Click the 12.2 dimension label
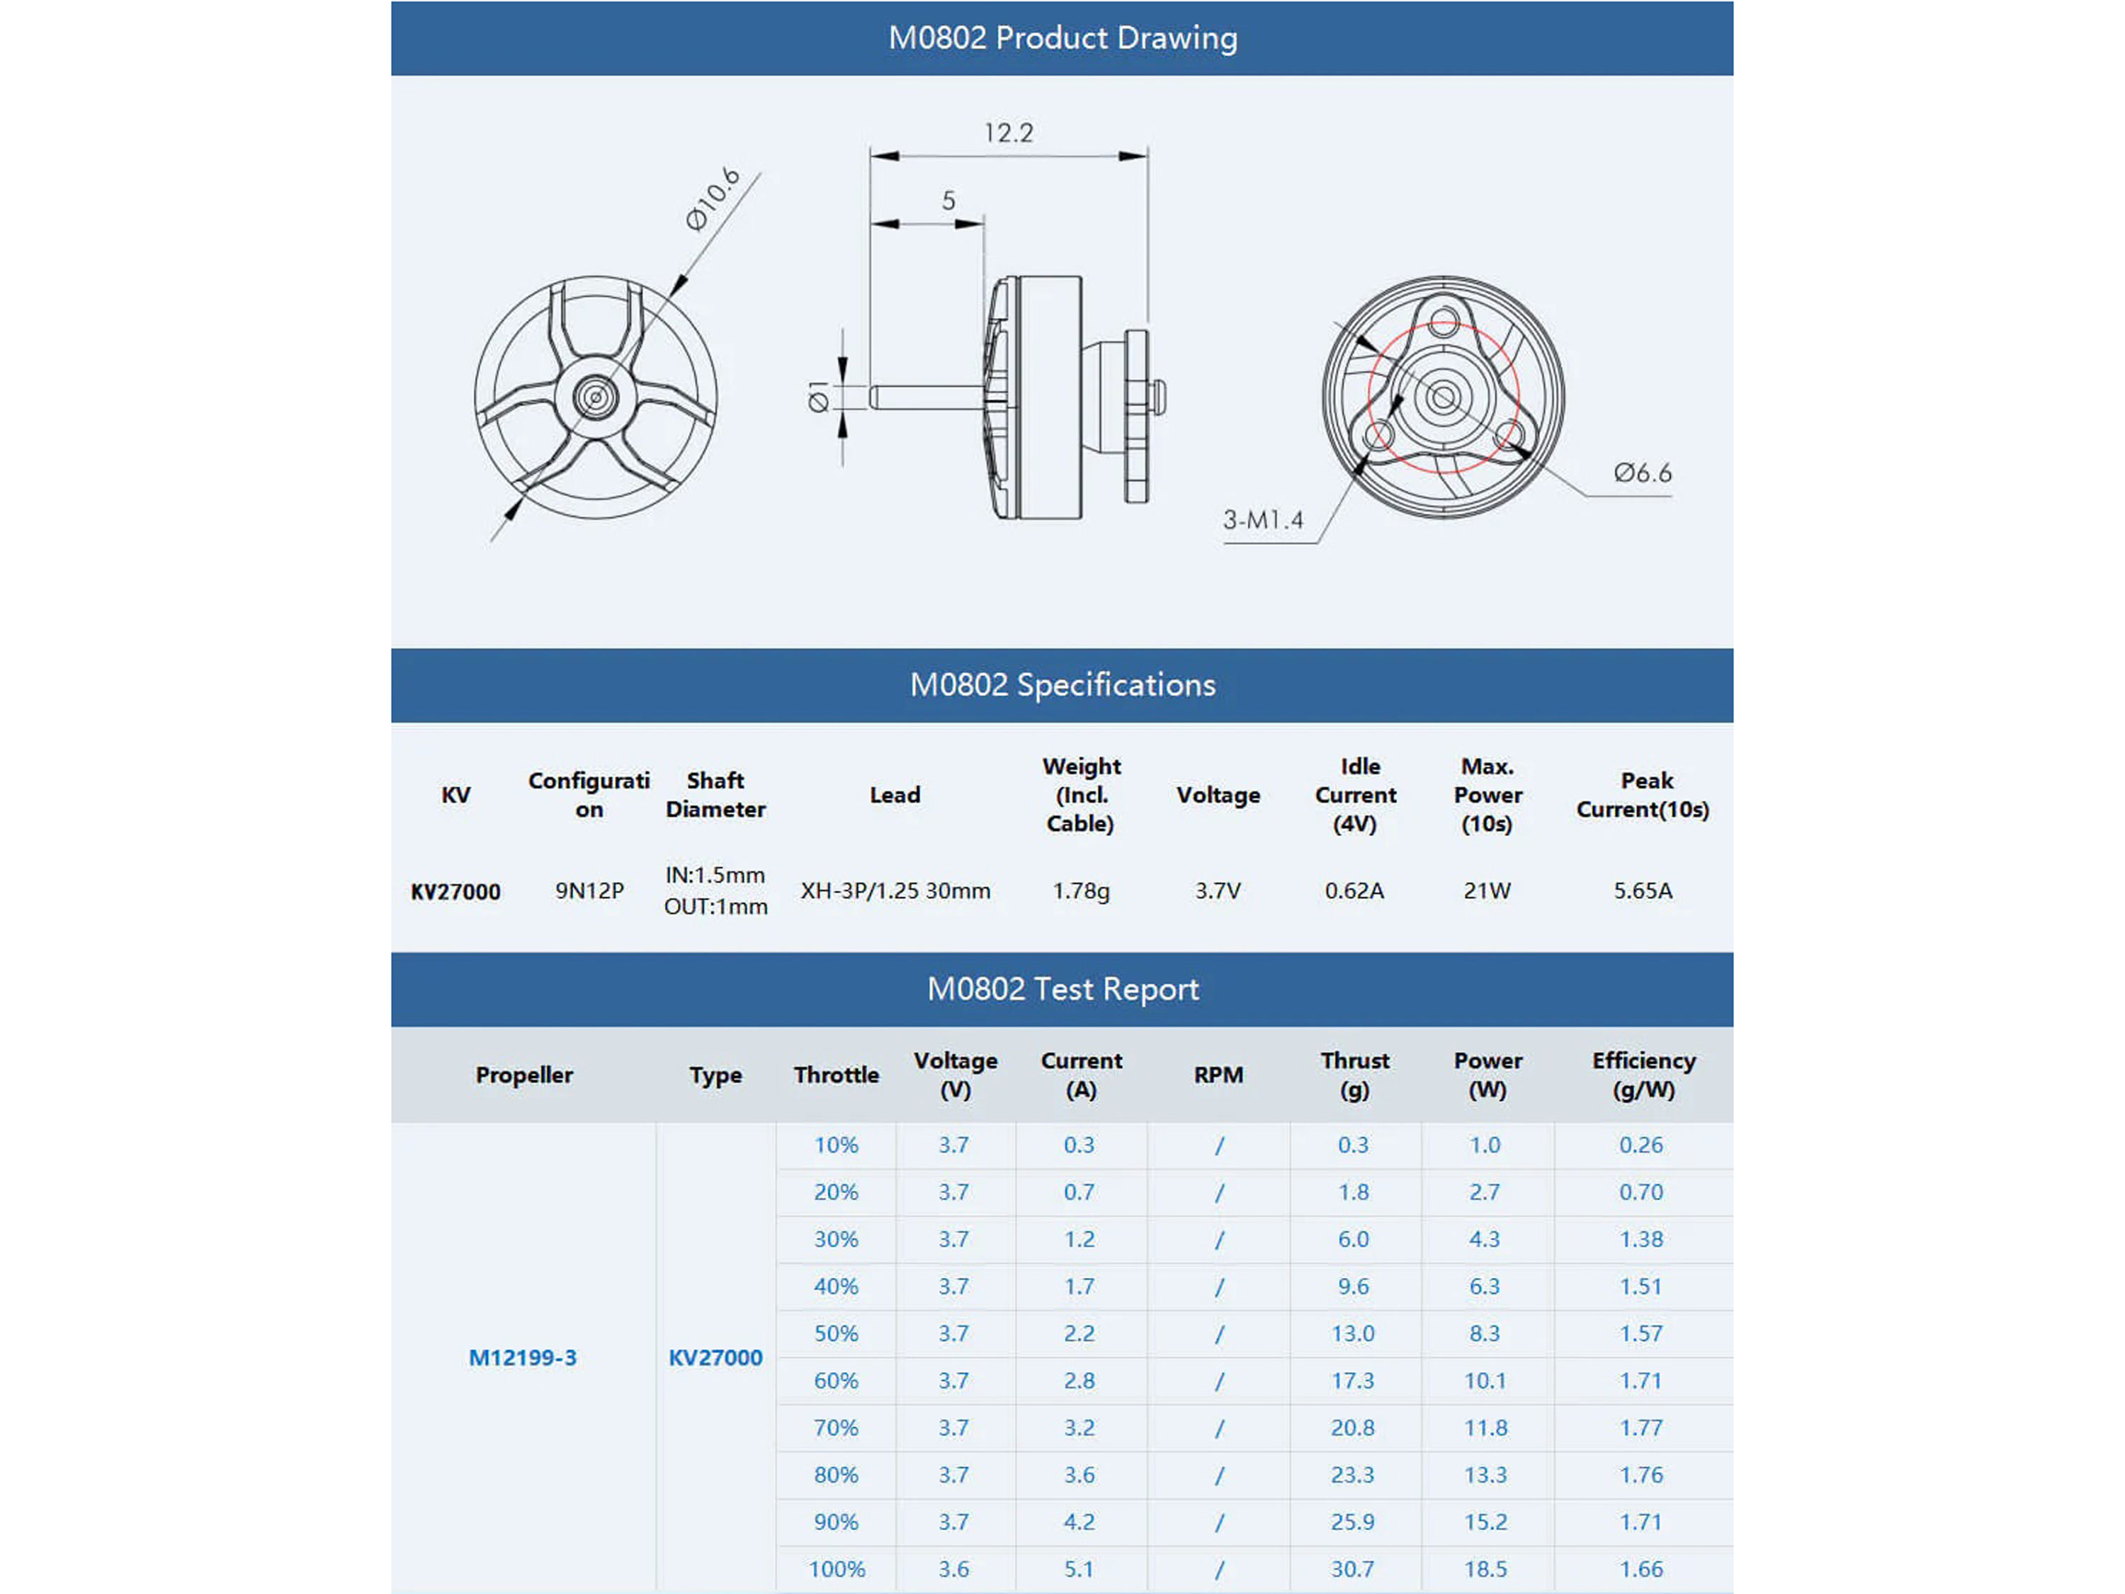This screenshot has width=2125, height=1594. pyautogui.click(x=1008, y=132)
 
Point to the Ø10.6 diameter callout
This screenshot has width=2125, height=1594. pyautogui.click(x=712, y=199)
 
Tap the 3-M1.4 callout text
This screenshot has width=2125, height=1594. pyautogui.click(x=1262, y=520)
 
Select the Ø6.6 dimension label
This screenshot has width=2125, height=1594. pyautogui.click(x=1642, y=473)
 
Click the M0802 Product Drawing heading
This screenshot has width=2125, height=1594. pyautogui.click(x=1062, y=38)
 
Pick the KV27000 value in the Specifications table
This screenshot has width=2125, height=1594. pyautogui.click(x=455, y=892)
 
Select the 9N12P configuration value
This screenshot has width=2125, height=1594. pyautogui.click(x=589, y=891)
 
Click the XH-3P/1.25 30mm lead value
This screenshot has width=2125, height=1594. pyautogui.click(x=895, y=891)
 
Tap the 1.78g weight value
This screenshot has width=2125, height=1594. pyautogui.click(x=1081, y=891)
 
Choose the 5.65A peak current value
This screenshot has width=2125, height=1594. pyautogui.click(x=1643, y=891)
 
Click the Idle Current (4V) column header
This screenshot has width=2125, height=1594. pyautogui.click(x=1356, y=795)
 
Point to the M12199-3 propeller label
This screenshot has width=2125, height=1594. pyautogui.click(x=523, y=1357)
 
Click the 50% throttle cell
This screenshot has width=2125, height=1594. pyautogui.click(x=836, y=1333)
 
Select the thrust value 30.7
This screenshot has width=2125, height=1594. pyautogui.click(x=1353, y=1569)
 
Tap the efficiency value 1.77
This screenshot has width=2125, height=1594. pyautogui.click(x=1640, y=1428)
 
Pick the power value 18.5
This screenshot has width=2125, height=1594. pyautogui.click(x=1485, y=1569)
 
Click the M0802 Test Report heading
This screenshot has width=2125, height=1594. pyautogui.click(x=1062, y=989)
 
